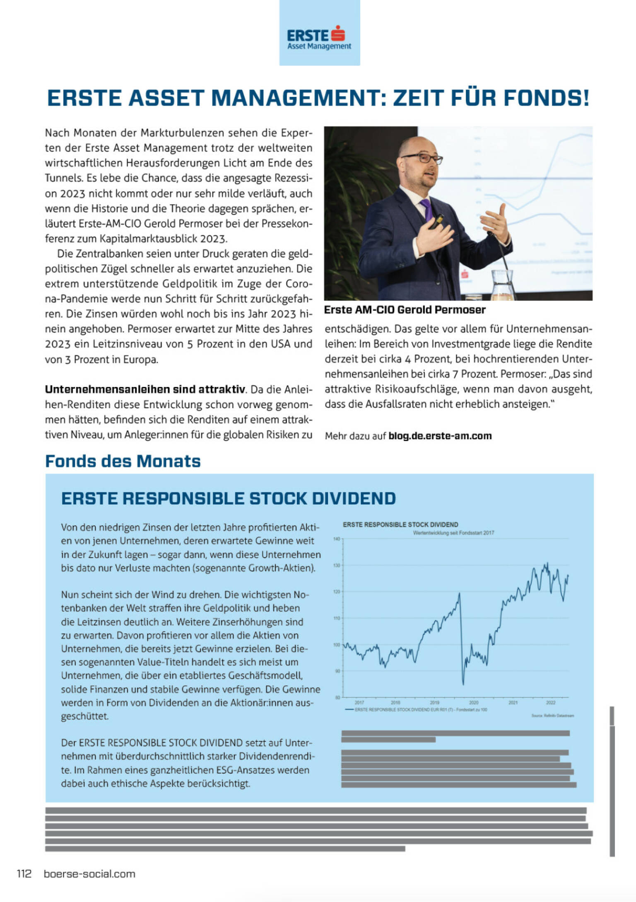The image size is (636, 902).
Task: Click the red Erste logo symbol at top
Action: tap(338, 34)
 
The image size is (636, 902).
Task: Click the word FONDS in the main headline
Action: tap(546, 98)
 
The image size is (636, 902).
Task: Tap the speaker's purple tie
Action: tap(426, 209)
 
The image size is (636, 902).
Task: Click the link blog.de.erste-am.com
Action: tap(440, 436)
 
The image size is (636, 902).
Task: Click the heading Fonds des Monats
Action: tap(123, 461)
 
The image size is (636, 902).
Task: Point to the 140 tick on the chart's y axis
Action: tap(337, 539)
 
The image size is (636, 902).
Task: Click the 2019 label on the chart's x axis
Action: tap(434, 703)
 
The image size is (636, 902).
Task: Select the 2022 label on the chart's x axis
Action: tap(550, 703)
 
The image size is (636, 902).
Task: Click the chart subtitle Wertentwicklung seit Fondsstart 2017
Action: tap(453, 533)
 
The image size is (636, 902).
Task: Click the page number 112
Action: tap(24, 874)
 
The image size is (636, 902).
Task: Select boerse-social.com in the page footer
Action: tap(89, 874)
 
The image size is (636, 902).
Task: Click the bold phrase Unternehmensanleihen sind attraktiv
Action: tap(145, 389)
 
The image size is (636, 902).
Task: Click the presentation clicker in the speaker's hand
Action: tap(438, 220)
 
